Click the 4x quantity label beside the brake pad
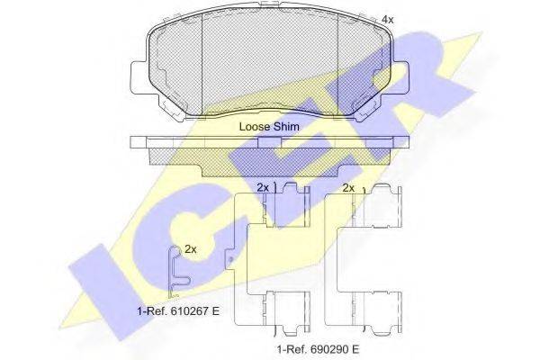[387, 20]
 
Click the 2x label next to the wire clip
[191, 249]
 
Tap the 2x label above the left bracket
[263, 188]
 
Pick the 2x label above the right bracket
[348, 188]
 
